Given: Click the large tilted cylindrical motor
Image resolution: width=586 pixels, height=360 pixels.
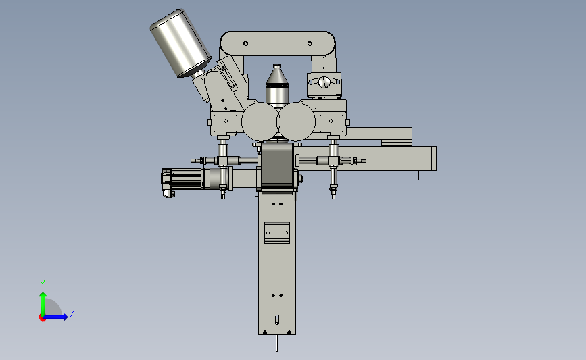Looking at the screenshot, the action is coord(180,43).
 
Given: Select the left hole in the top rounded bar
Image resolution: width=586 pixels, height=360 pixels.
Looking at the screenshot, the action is coord(245,43).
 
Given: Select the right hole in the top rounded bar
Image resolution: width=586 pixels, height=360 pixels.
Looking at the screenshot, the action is coord(310,43).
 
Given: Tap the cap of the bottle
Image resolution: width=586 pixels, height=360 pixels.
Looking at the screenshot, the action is coord(277,66).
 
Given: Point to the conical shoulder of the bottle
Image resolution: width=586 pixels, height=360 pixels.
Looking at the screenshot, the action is coord(277,76).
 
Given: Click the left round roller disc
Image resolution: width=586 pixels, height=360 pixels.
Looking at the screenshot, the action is coord(260,122).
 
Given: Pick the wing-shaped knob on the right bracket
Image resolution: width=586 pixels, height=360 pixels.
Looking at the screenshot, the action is coord(324,82).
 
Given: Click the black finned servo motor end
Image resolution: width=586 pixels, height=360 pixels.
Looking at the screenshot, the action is coord(166,181).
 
